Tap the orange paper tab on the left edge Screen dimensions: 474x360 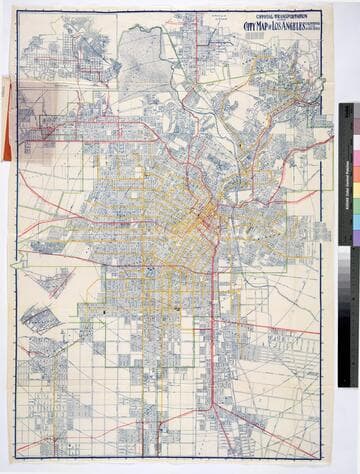[7, 120]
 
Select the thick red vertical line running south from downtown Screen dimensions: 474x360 [213, 320]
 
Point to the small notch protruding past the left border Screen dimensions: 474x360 [15, 264]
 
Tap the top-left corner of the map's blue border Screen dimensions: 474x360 [16, 12]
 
